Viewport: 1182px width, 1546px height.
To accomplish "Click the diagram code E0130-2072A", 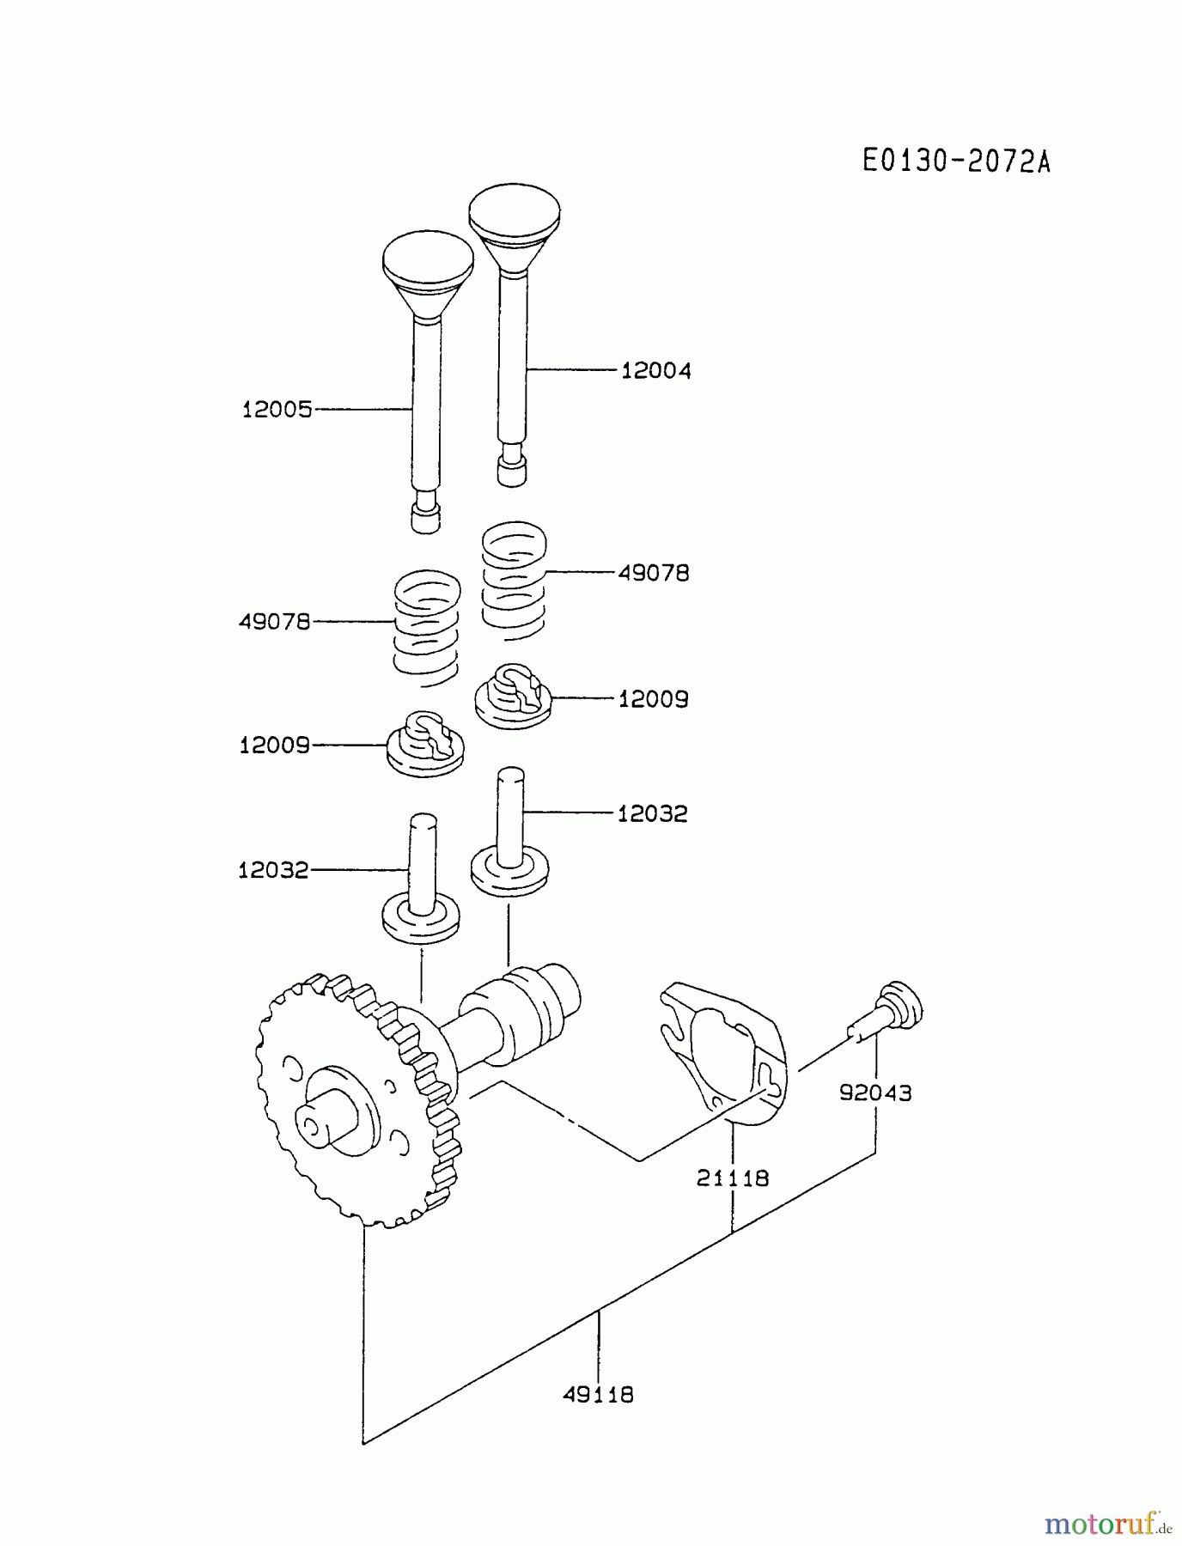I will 956,161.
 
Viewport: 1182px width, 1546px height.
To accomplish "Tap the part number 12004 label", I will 655,371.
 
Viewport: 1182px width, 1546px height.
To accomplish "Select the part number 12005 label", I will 277,410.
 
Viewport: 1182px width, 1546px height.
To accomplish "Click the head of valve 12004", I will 515,210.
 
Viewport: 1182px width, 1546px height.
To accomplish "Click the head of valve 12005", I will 427,257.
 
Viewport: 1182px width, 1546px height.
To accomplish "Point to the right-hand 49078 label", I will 653,573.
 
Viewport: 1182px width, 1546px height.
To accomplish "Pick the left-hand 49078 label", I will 274,622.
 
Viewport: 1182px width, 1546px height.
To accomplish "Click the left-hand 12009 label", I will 274,746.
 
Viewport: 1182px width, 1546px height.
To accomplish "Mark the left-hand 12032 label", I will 273,871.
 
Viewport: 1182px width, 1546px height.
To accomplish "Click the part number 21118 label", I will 732,1178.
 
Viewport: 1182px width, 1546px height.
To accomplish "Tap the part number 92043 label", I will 875,1093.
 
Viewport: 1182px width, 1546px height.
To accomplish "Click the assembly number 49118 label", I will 598,1394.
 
